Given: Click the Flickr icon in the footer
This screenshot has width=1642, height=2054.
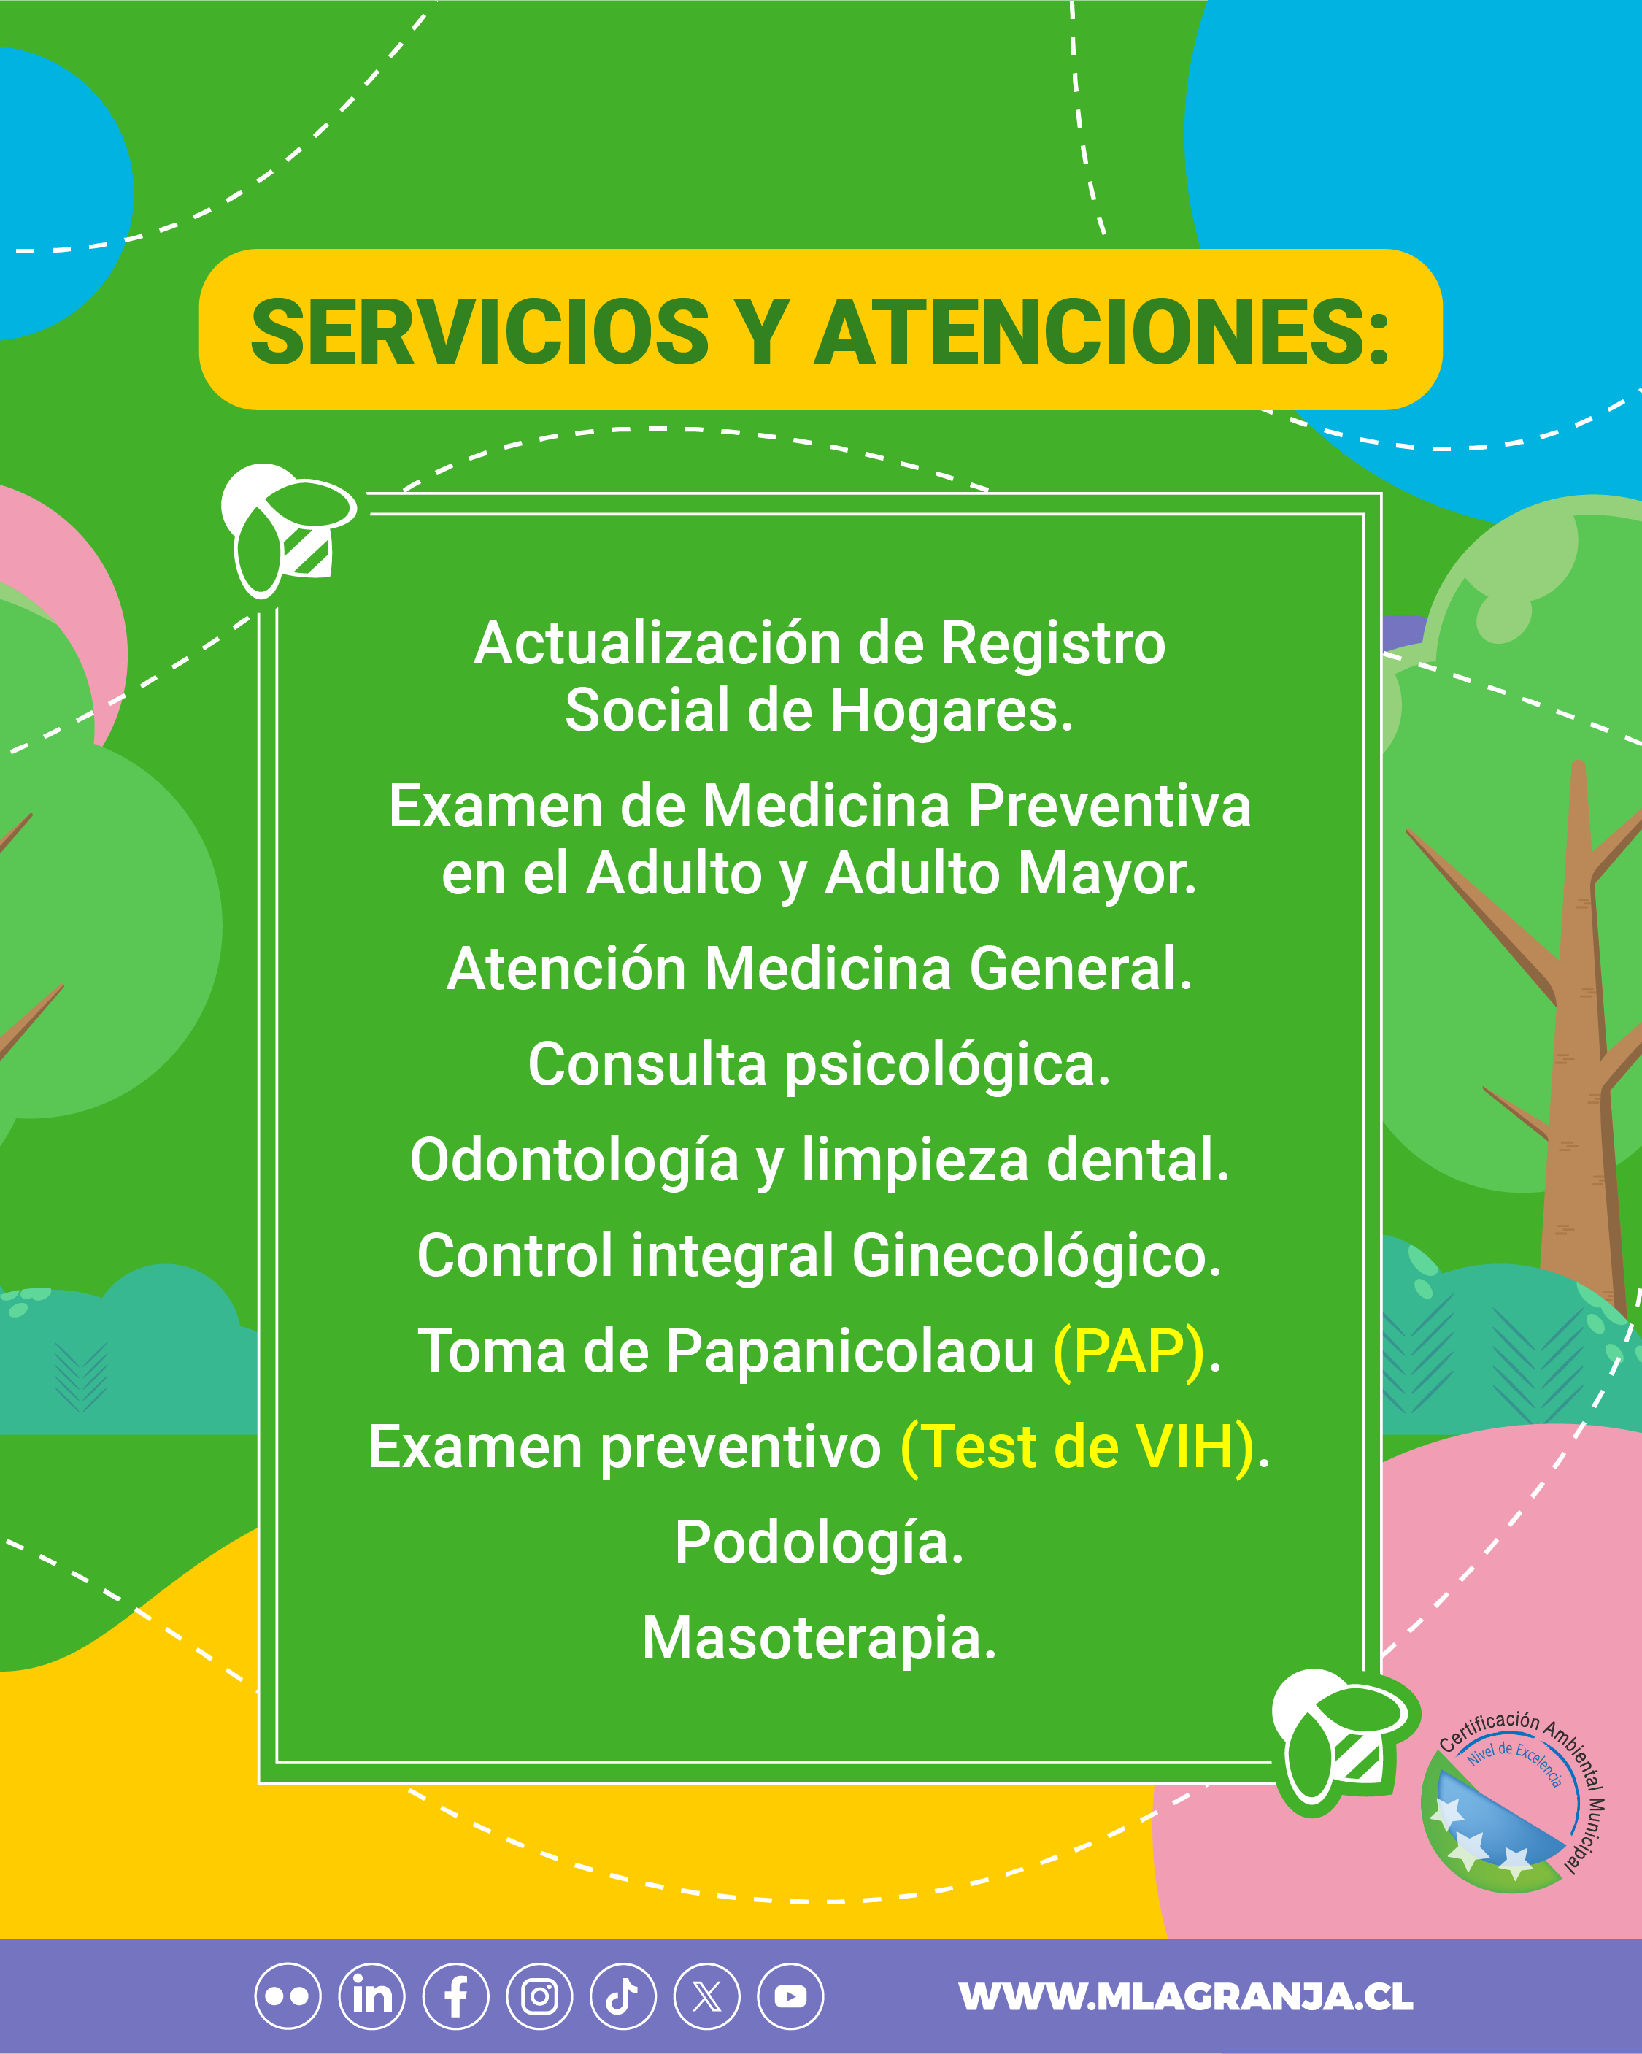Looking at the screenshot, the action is (x=288, y=1996).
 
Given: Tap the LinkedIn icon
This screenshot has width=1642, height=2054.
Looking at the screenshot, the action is (x=371, y=1996).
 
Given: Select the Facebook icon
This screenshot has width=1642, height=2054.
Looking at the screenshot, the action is (x=455, y=1996).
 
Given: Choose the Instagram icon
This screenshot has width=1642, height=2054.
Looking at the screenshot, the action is (x=539, y=1996).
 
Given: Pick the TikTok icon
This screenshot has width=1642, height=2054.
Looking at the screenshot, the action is (x=623, y=1996).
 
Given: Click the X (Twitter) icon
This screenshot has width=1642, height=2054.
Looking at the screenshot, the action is (x=706, y=1996).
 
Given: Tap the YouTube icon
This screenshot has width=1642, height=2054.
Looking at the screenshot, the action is (x=790, y=1996).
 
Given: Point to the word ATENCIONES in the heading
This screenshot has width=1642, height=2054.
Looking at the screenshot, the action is (x=1102, y=331).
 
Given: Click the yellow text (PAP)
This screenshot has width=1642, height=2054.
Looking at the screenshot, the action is (x=1129, y=1351).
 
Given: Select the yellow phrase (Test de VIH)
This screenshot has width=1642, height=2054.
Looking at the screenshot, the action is (x=1077, y=1447).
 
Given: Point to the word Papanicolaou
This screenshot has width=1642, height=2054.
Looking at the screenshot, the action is (x=849, y=1352).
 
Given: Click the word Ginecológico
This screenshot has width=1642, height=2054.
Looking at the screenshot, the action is (x=1036, y=1255).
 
